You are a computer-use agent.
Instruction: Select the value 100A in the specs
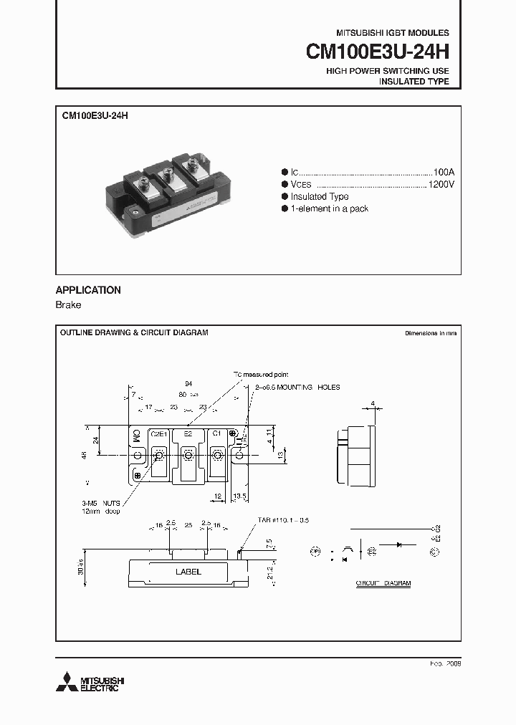(444, 173)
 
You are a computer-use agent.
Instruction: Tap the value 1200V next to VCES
(441, 185)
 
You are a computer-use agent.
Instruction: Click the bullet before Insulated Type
(285, 196)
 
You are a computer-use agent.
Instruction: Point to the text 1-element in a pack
(329, 208)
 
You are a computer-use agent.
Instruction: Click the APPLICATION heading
(88, 290)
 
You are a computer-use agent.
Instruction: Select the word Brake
(69, 305)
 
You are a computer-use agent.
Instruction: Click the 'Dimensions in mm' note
(430, 333)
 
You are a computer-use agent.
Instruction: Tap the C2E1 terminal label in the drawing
(158, 434)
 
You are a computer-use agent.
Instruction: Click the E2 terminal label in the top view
(188, 434)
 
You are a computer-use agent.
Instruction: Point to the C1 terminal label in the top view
(216, 434)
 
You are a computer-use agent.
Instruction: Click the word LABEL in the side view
(188, 572)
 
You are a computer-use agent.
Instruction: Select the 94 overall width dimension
(188, 384)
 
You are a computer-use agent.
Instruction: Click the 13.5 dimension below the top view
(241, 496)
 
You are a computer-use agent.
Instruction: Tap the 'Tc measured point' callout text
(260, 375)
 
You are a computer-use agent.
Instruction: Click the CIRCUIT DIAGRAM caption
(383, 584)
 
